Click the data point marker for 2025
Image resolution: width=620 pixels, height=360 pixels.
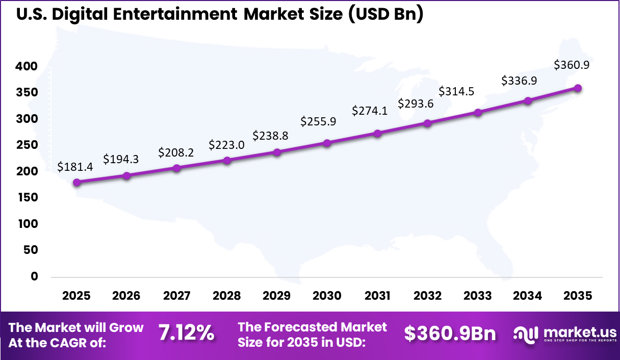[76, 183]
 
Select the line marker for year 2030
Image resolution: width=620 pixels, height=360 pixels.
[327, 143]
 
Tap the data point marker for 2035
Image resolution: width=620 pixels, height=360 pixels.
[578, 88]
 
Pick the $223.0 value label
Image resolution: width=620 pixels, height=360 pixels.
[226, 145]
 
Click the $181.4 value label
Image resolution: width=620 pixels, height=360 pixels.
[75, 166]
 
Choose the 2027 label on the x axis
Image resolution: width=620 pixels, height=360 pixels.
[176, 296]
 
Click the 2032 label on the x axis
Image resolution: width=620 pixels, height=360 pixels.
[427, 296]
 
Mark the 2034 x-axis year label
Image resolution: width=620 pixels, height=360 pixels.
[528, 296]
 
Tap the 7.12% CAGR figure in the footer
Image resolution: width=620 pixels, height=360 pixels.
[186, 333]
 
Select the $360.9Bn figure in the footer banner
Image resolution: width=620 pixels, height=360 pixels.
[450, 333]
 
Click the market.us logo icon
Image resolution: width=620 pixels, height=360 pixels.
[526, 334]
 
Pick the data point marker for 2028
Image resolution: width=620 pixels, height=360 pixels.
[227, 161]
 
